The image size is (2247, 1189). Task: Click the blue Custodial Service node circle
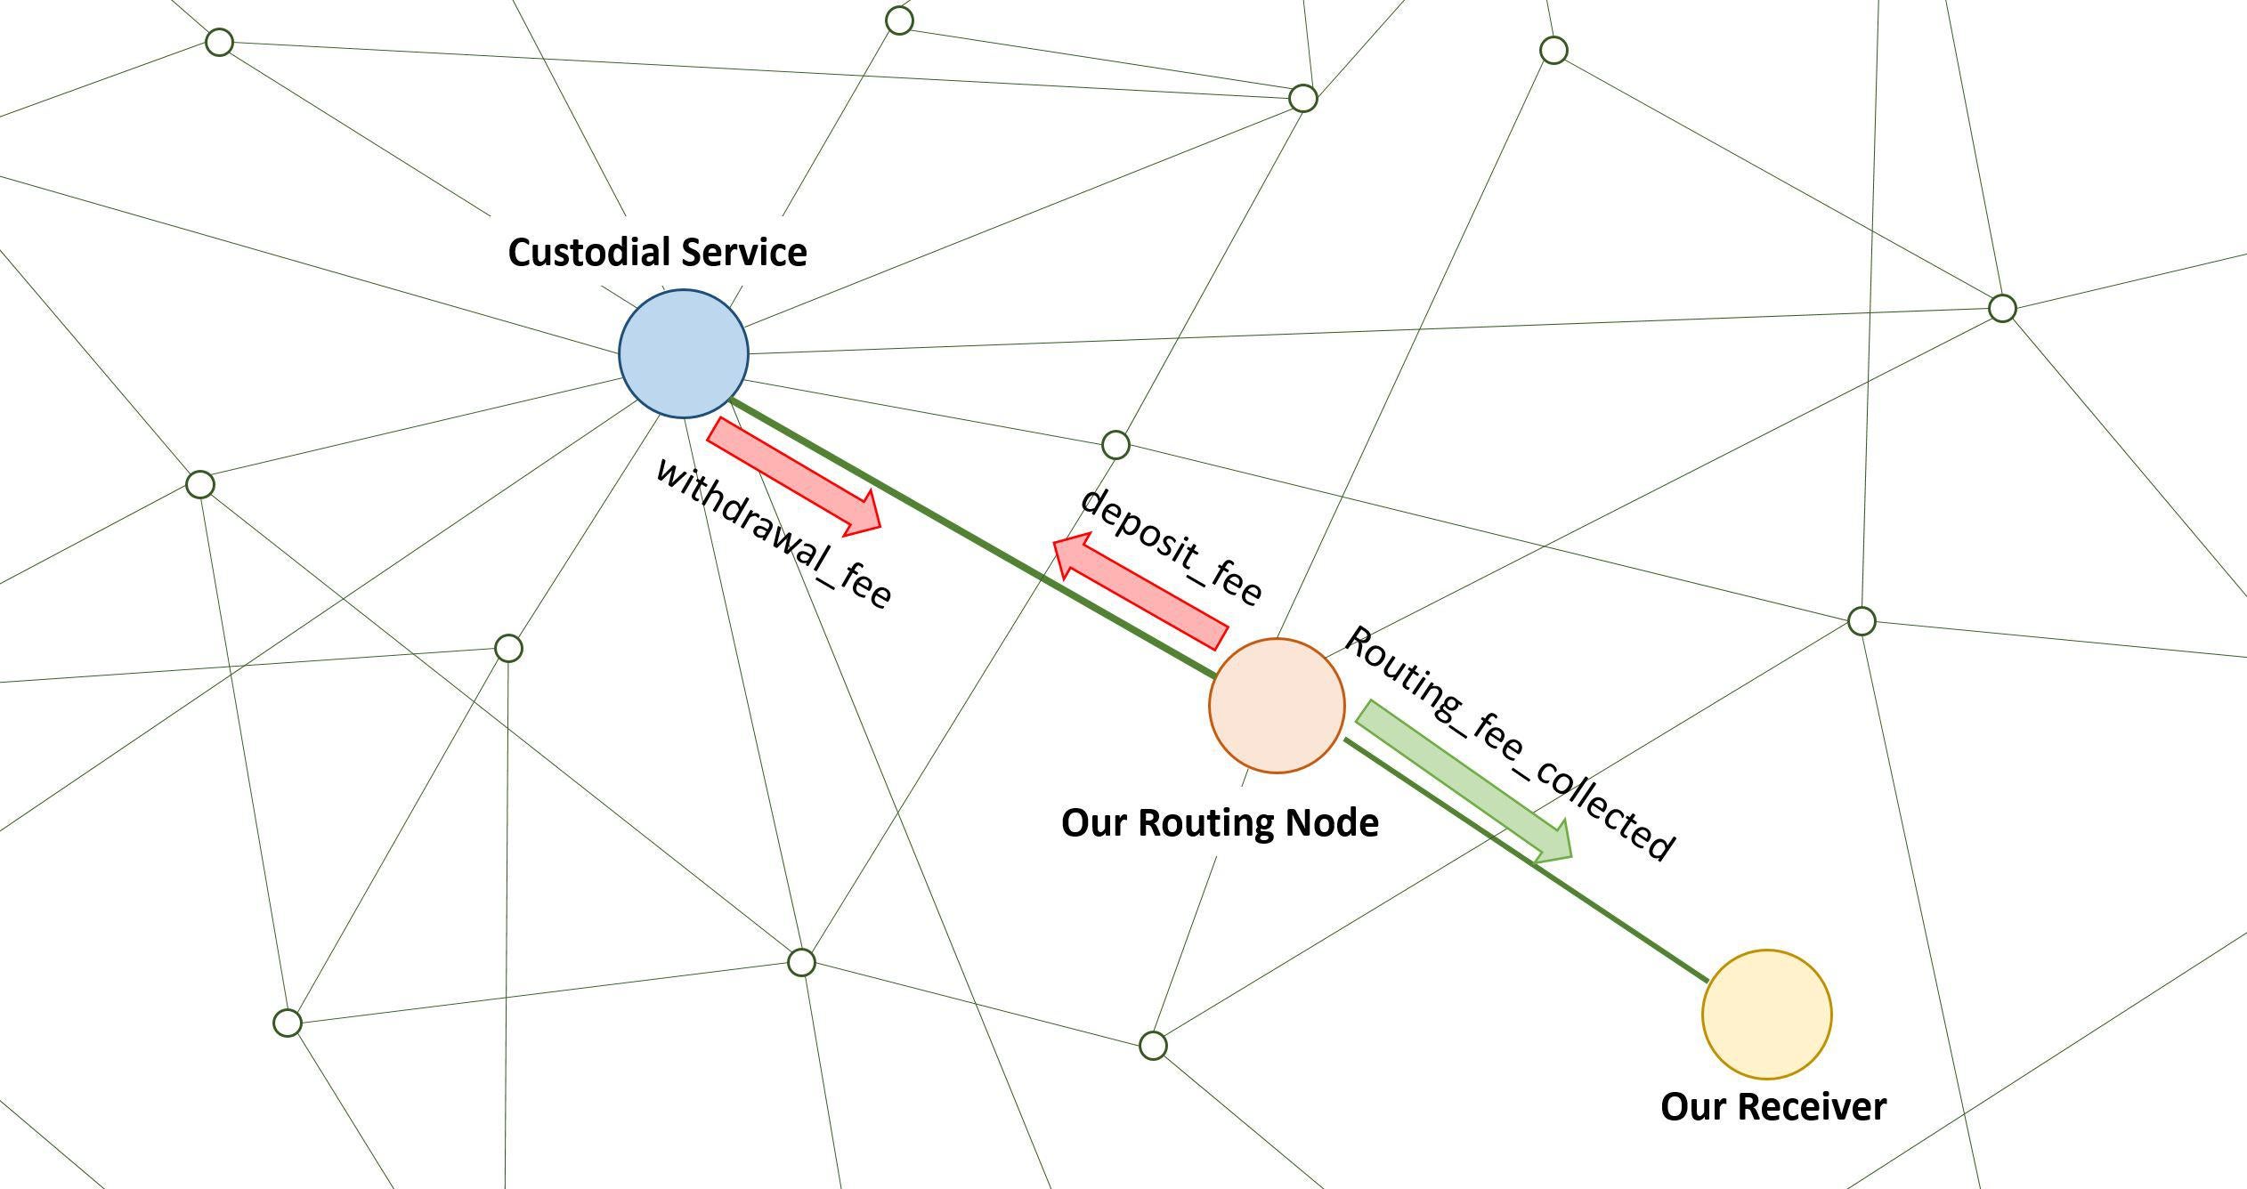[684, 353]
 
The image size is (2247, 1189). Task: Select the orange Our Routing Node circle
[1277, 705]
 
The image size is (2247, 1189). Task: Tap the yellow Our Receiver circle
[1767, 1014]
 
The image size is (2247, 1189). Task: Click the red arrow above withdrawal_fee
[794, 477]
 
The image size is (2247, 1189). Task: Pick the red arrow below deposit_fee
[1140, 591]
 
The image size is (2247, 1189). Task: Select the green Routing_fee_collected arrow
[1464, 781]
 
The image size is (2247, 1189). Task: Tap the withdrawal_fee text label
[773, 534]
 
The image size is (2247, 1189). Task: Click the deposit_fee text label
[1171, 546]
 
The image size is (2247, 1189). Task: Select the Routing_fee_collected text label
[1508, 743]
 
